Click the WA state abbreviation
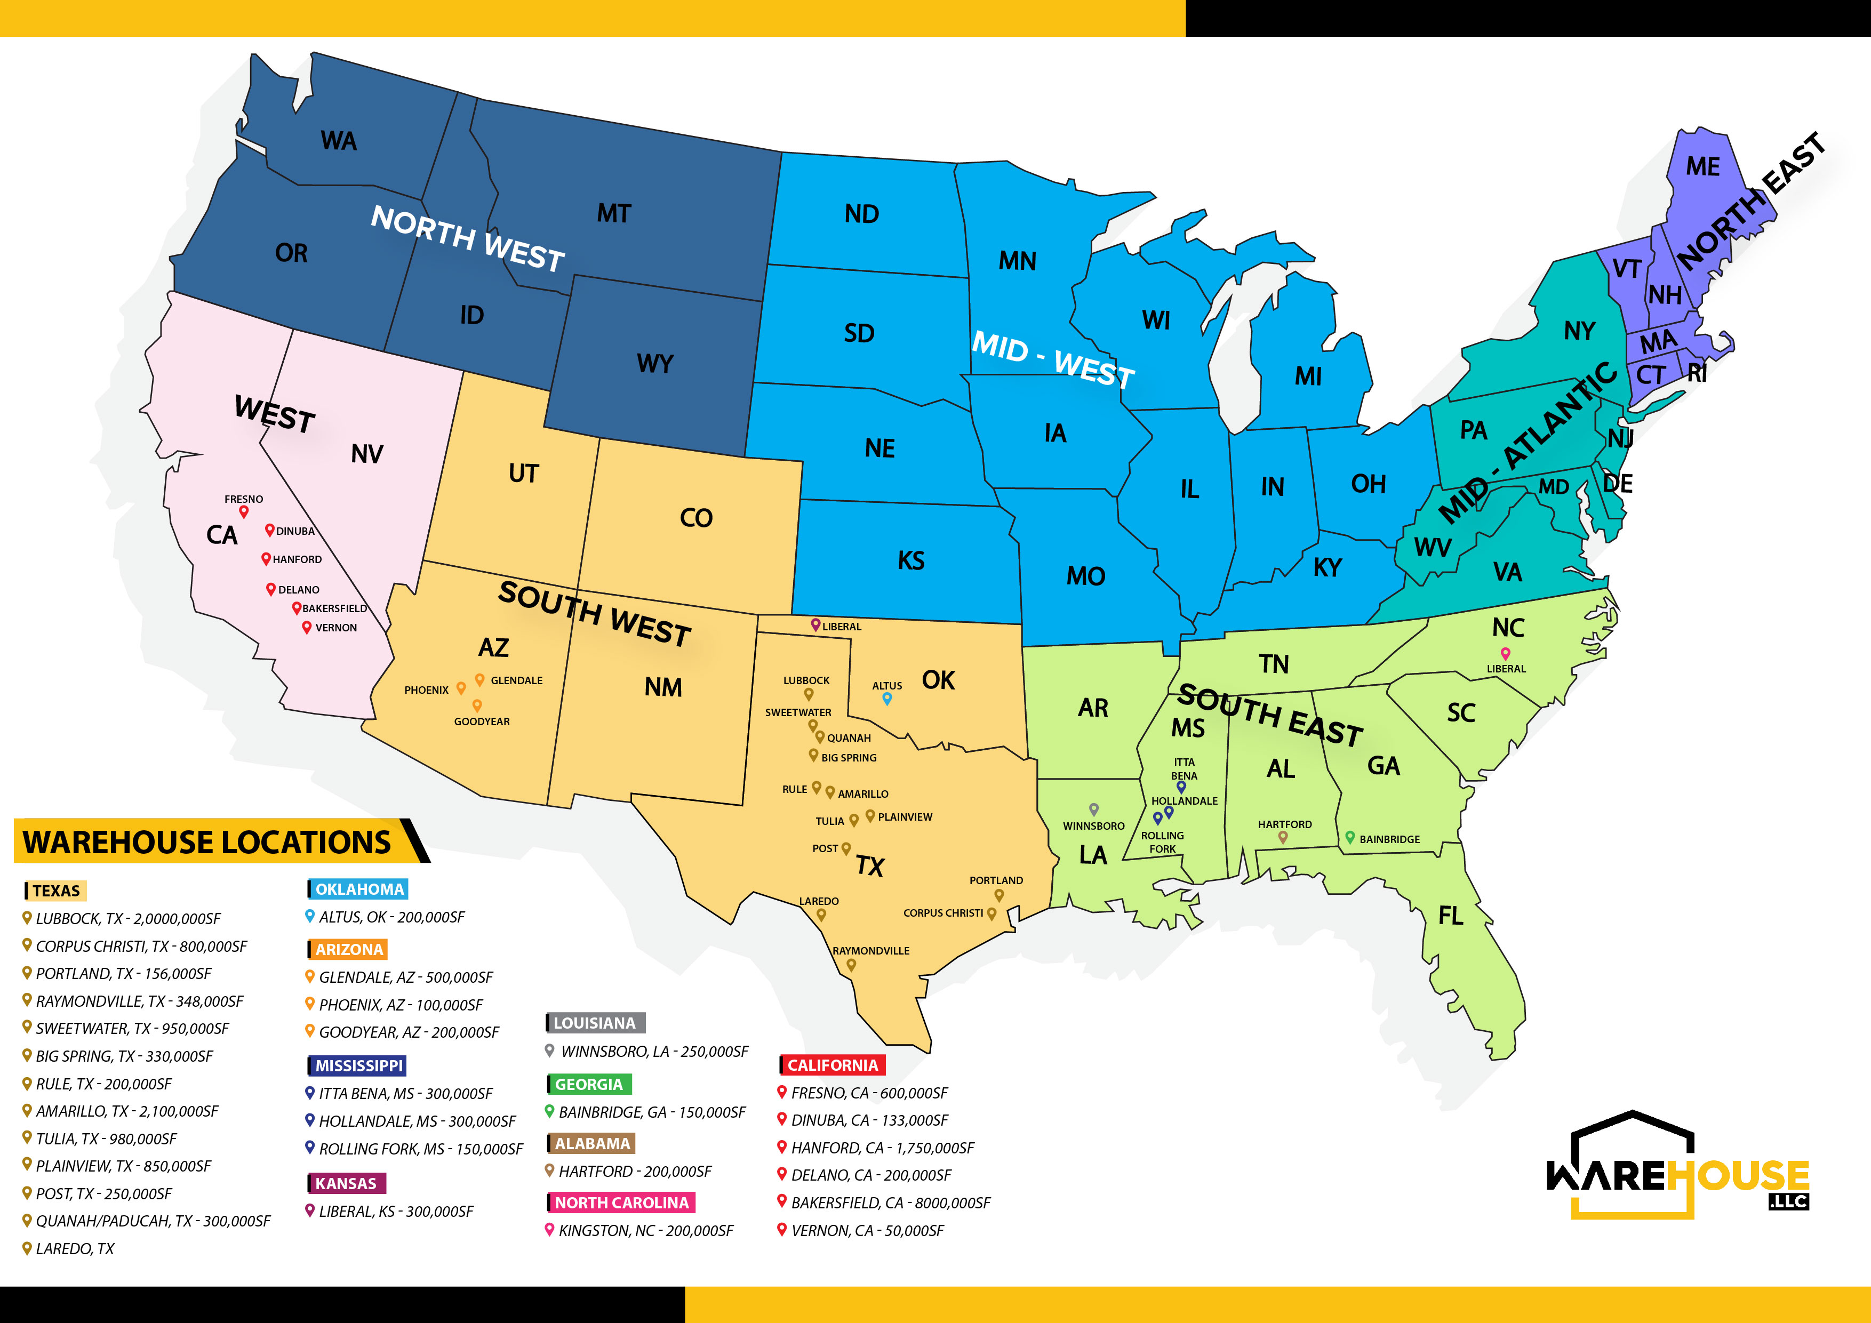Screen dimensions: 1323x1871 click(339, 141)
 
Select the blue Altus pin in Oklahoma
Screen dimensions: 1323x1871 click(886, 698)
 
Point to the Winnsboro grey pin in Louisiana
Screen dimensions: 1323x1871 click(1093, 809)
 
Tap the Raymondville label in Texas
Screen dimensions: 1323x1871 click(870, 951)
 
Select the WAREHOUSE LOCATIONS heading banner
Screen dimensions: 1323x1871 click(208, 841)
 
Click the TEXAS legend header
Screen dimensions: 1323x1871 click(56, 891)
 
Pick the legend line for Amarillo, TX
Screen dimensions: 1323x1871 click(126, 1111)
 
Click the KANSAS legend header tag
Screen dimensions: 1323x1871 click(346, 1183)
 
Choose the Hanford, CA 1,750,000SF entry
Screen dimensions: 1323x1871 click(882, 1148)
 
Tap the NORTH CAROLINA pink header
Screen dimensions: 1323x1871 click(621, 1202)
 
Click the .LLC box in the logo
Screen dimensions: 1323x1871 click(1788, 1201)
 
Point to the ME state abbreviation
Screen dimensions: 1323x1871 click(1702, 166)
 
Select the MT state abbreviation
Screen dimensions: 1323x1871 click(613, 213)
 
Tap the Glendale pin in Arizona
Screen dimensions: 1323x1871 click(480, 679)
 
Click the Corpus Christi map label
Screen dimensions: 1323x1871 click(943, 913)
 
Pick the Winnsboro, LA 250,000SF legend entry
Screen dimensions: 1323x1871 click(653, 1051)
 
